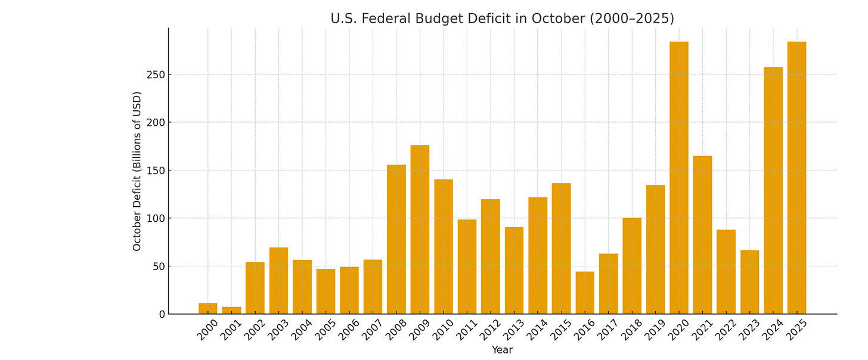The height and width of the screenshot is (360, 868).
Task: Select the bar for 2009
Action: (420, 229)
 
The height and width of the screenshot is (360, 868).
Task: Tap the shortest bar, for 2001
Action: (231, 311)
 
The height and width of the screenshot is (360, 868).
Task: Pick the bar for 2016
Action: (585, 293)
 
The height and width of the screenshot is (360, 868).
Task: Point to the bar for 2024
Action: (773, 191)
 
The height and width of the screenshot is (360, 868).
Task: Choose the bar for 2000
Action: (208, 309)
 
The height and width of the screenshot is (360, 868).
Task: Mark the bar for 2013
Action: (514, 271)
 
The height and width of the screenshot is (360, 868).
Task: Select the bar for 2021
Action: (702, 235)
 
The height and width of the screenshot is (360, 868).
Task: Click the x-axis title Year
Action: (502, 350)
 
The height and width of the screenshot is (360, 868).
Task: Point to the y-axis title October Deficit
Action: (137, 171)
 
